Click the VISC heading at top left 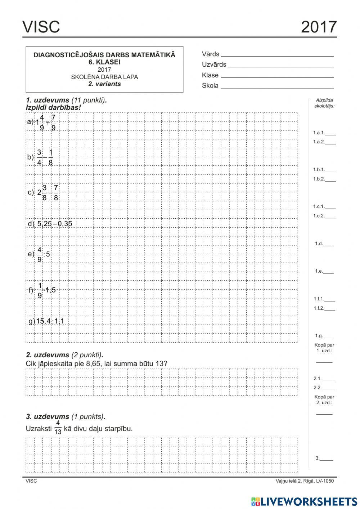coord(41,27)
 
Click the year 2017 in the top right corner coord(319,27)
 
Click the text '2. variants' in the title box coord(104,84)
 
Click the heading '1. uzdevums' coord(48,101)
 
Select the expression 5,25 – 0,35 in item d coord(54,224)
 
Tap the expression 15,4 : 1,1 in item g coord(50,321)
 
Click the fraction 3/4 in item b coord(39,157)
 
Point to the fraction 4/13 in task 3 coord(58,428)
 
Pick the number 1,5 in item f coord(51,290)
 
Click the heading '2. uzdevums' coord(48,355)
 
